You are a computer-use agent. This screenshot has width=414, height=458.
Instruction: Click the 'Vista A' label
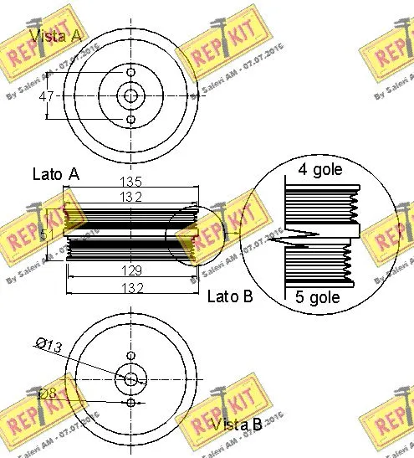tap(55, 35)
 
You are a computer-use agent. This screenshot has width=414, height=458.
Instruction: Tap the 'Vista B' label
tap(236, 425)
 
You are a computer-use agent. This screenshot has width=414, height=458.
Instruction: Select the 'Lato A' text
tap(55, 174)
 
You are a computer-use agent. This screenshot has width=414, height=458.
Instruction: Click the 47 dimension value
tap(47, 96)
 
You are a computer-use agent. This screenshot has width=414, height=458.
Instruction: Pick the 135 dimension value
tap(131, 182)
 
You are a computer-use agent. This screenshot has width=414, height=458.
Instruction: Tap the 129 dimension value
tap(131, 271)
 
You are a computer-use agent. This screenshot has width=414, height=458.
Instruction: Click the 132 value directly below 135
tap(131, 197)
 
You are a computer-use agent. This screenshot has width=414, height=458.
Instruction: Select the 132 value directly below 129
tap(131, 288)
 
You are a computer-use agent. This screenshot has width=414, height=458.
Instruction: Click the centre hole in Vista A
tap(130, 95)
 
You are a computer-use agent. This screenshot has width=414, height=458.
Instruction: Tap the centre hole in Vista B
tap(130, 379)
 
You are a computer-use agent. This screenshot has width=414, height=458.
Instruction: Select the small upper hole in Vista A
tap(130, 72)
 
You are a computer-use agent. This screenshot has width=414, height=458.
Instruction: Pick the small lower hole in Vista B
tap(130, 403)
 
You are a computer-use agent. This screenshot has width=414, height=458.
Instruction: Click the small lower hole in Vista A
tap(130, 120)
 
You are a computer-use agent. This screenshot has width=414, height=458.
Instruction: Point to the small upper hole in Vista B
tap(130, 355)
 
